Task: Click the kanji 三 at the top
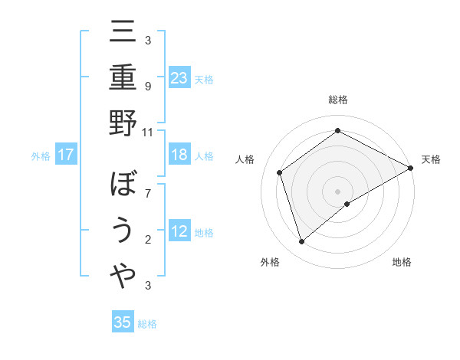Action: pyautogui.click(x=123, y=34)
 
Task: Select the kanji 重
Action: pyautogui.click(x=123, y=77)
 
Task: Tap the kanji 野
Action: pyautogui.click(x=123, y=124)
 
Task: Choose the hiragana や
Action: pyautogui.click(x=123, y=277)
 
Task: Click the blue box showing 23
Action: pyautogui.click(x=179, y=78)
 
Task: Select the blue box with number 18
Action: pyautogui.click(x=179, y=155)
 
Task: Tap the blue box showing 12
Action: pyautogui.click(x=179, y=231)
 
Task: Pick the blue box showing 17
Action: pyautogui.click(x=66, y=155)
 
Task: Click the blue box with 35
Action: pyautogui.click(x=123, y=322)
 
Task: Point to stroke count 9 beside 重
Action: pyautogui.click(x=148, y=86)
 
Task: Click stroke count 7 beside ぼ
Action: pyautogui.click(x=148, y=193)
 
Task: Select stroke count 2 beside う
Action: pyautogui.click(x=148, y=239)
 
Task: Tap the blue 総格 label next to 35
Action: pyautogui.click(x=147, y=324)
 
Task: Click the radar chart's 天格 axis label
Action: pyautogui.click(x=431, y=159)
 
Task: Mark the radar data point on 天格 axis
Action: pyautogui.click(x=411, y=168)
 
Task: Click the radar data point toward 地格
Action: pyautogui.click(x=347, y=204)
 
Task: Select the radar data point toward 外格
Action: pyautogui.click(x=302, y=242)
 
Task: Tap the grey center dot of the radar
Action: pyautogui.click(x=337, y=190)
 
